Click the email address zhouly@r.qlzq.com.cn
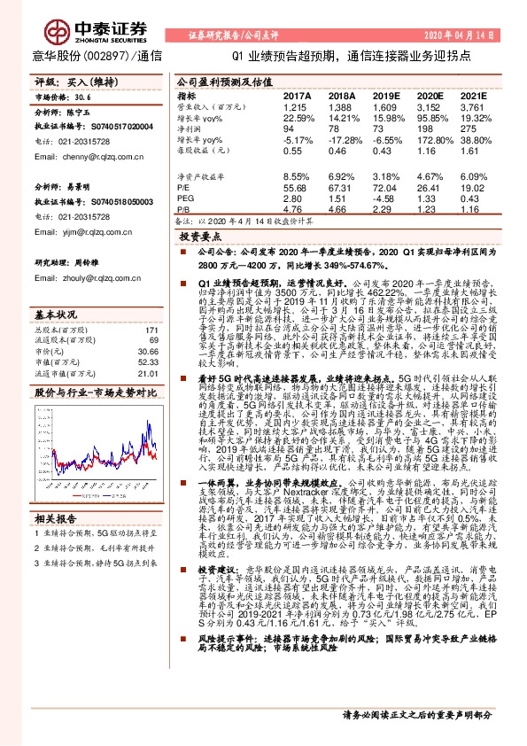click(82, 277)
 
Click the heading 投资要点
click(200, 238)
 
